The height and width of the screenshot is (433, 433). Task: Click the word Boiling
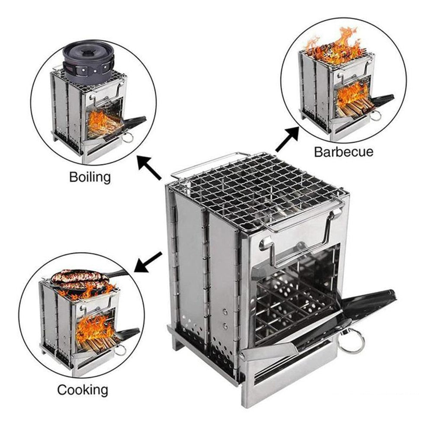tap(90, 177)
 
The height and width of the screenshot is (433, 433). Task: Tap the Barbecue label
tap(343, 152)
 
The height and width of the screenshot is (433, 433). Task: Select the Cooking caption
tap(83, 390)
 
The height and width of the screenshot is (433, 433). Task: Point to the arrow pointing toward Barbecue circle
tap(287, 140)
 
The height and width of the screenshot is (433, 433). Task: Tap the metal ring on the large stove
tap(351, 341)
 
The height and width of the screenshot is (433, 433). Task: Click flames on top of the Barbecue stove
tap(333, 45)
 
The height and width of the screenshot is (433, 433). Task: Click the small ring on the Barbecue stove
tap(376, 115)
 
